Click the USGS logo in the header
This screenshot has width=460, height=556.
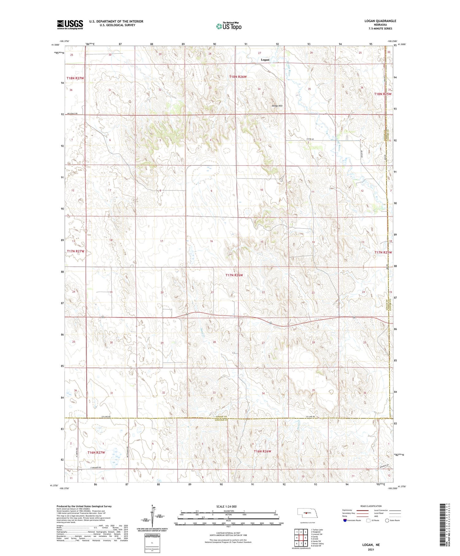pyautogui.click(x=70, y=25)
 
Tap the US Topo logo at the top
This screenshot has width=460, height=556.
pyautogui.click(x=229, y=26)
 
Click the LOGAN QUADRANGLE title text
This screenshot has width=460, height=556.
pyautogui.click(x=380, y=21)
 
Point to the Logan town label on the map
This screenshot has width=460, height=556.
pyautogui.click(x=265, y=60)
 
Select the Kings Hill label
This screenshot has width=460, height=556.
pyautogui.click(x=277, y=106)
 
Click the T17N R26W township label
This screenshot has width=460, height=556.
pyautogui.click(x=234, y=275)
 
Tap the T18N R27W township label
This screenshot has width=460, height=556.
pyautogui.click(x=75, y=78)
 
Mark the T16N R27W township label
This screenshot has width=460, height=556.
pyautogui.click(x=96, y=452)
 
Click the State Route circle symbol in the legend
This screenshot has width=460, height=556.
pyautogui.click(x=387, y=520)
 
